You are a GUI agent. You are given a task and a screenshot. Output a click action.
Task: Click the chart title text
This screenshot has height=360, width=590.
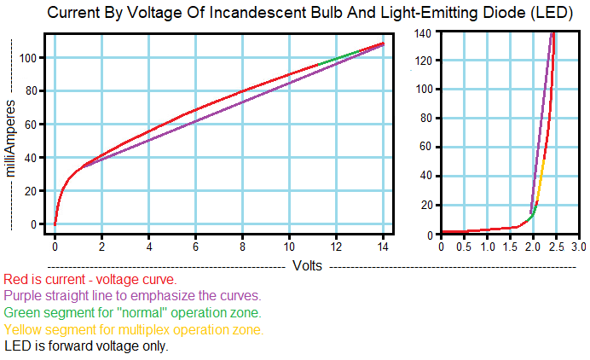click(295, 13)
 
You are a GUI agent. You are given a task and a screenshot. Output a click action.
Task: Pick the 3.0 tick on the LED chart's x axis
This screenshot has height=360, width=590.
click(578, 247)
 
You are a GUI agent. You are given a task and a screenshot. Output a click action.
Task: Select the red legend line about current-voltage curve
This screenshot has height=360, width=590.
click(90, 279)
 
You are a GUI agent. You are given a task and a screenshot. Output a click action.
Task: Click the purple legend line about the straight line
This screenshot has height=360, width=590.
click(131, 295)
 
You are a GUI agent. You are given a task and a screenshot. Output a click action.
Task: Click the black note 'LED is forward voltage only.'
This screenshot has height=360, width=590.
click(86, 345)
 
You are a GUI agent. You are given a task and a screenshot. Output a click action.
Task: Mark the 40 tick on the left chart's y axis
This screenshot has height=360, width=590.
click(32, 158)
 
